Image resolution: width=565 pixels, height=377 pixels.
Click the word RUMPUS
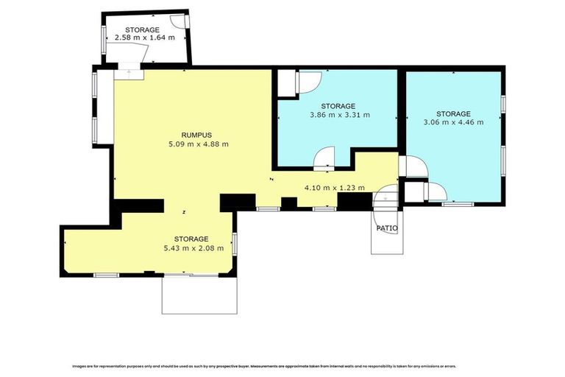196,135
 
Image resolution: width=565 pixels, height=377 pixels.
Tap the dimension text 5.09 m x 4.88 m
198,144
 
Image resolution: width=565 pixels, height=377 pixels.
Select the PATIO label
387,228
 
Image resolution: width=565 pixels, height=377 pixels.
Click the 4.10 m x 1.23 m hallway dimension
335,188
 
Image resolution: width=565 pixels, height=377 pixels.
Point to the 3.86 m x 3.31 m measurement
338,115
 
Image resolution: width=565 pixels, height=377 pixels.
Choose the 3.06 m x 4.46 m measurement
452,122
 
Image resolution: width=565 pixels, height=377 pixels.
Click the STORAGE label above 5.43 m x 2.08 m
191,239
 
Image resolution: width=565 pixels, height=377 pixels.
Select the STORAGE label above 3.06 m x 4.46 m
452,113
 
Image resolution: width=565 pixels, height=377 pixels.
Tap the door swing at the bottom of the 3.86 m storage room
324,157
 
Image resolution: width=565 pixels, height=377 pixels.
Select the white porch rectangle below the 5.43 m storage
199,295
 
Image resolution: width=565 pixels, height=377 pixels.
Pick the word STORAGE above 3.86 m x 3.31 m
338,106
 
